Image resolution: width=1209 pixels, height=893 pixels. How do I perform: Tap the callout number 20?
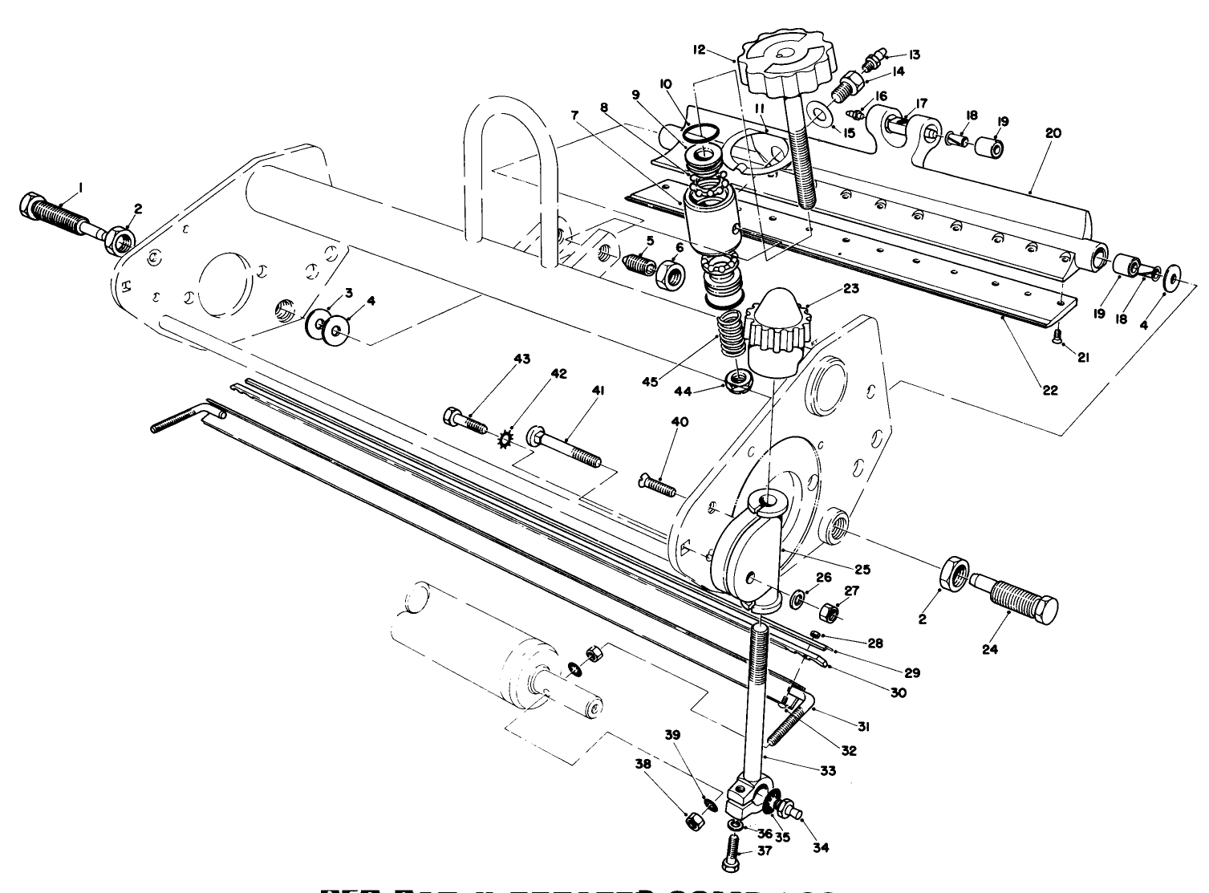pos(1053,133)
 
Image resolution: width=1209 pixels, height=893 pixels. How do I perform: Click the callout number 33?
pos(828,770)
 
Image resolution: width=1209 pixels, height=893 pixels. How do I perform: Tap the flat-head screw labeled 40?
pos(657,485)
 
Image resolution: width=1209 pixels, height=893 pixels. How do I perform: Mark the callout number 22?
pos(1050,391)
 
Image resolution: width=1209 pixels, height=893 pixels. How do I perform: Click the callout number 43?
pos(522,359)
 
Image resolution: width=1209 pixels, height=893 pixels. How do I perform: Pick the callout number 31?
pos(864,726)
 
